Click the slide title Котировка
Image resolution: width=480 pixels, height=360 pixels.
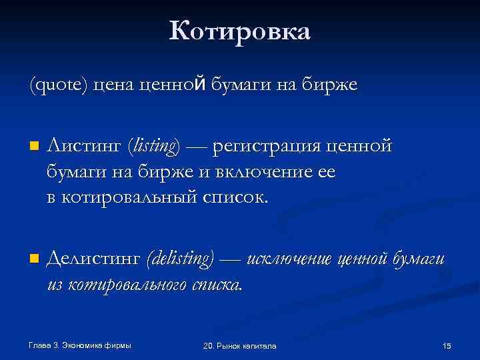tap(239, 31)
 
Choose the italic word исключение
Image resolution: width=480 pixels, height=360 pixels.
tap(289, 258)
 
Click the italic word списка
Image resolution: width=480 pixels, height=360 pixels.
tap(217, 285)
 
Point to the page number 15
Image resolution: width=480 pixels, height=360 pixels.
tap(447, 345)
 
